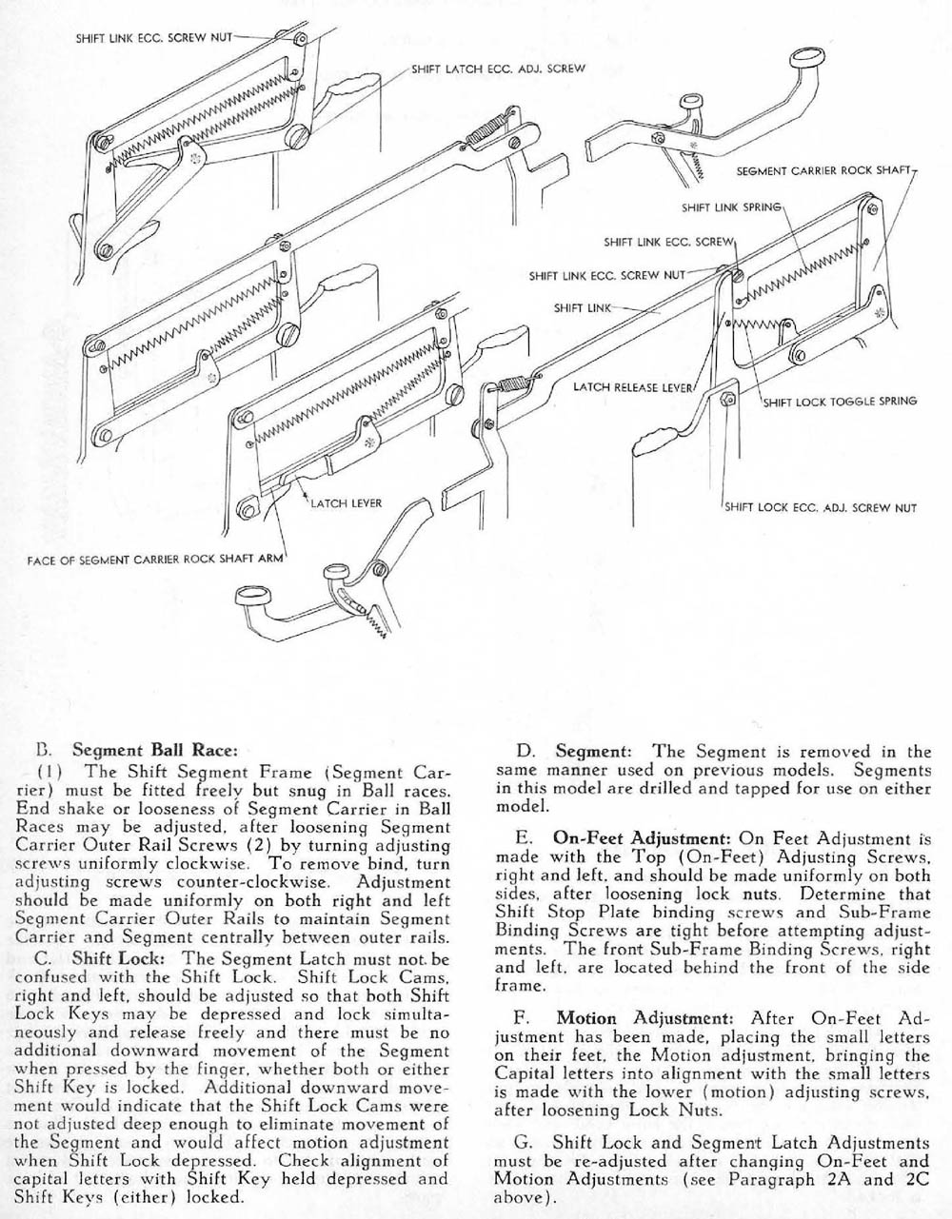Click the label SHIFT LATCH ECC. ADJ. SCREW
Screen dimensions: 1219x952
498,69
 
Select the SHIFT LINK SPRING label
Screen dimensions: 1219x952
731,206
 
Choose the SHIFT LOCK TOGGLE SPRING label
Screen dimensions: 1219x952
841,401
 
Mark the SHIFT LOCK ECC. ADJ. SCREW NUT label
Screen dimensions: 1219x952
821,507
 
